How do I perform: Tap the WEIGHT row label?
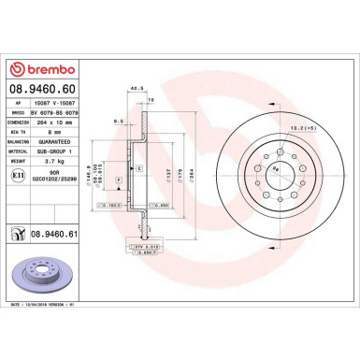tap(19, 160)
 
